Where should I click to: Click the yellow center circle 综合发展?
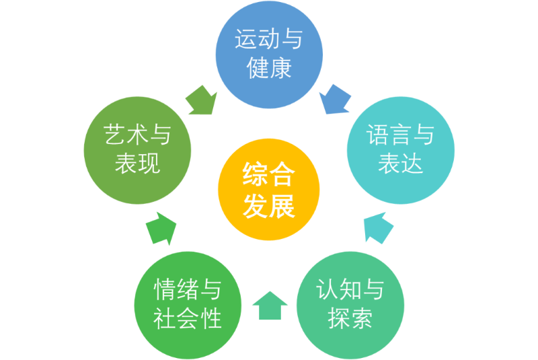click(x=269, y=190)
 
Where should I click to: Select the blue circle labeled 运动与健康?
click(x=269, y=55)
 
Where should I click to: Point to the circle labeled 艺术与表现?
click(x=138, y=149)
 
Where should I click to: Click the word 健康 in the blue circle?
click(x=269, y=69)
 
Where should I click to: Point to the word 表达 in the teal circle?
click(x=400, y=164)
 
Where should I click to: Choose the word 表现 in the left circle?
click(x=138, y=164)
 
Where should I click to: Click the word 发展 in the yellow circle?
click(x=269, y=206)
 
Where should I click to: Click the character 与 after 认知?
click(x=372, y=289)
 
